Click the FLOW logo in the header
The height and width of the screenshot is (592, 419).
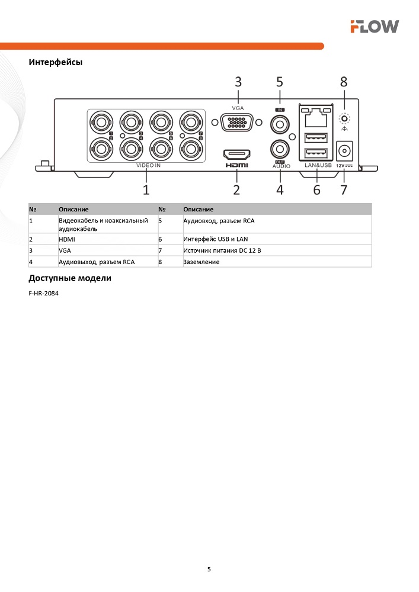click(374, 26)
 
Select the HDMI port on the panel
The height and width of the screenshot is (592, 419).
click(236, 155)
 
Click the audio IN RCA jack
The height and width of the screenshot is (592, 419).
click(280, 125)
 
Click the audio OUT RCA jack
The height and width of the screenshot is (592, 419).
click(280, 148)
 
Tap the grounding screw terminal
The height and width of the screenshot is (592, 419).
click(344, 118)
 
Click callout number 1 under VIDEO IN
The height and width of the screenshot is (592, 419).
click(146, 190)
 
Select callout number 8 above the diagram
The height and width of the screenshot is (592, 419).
click(343, 82)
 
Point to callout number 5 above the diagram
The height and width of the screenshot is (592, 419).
click(280, 82)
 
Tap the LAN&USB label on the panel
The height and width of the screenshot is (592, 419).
click(318, 166)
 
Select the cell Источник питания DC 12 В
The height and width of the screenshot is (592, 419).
click(222, 250)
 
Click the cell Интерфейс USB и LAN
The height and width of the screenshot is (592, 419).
click(216, 239)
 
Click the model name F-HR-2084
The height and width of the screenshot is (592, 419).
click(43, 292)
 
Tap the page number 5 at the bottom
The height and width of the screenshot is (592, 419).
click(209, 570)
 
